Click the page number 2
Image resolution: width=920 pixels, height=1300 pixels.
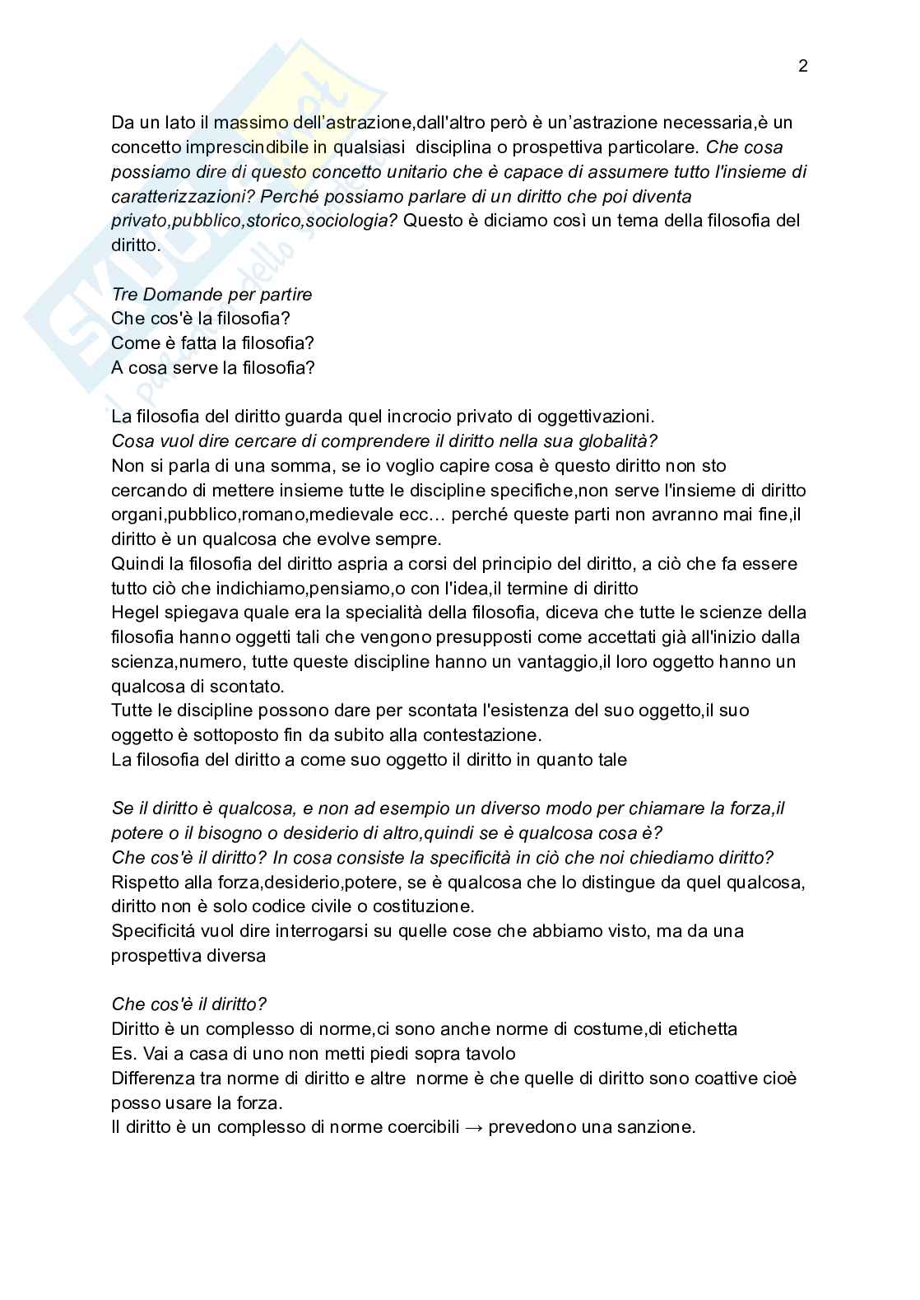(803, 67)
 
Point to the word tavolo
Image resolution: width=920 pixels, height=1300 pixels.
(490, 1054)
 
